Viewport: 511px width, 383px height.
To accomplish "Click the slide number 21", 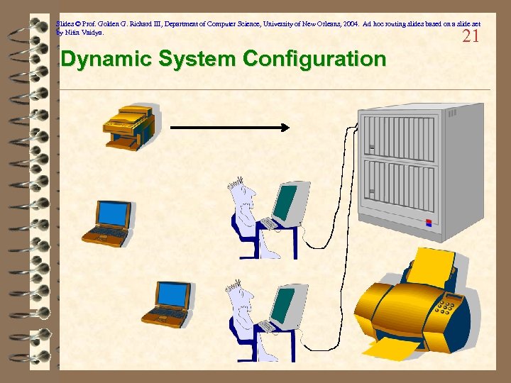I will (471, 36).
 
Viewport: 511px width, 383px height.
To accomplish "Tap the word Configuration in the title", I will (314, 60).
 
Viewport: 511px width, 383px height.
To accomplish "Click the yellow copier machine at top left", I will (130, 128).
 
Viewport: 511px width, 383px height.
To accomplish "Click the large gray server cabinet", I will (407, 170).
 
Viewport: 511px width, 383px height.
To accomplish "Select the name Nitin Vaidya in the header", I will (84, 33).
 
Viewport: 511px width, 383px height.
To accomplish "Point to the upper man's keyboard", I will (269, 223).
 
